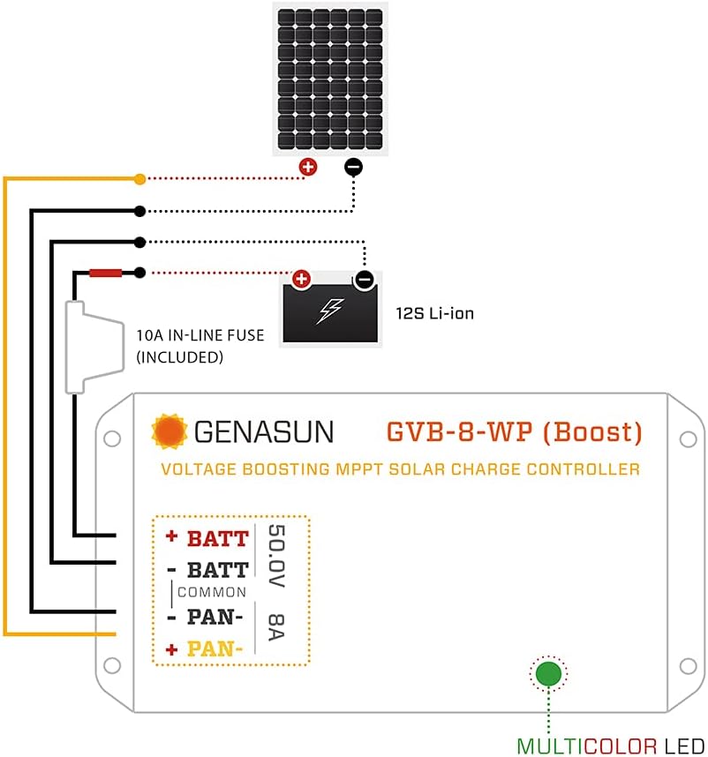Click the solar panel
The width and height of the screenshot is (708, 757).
(x=329, y=79)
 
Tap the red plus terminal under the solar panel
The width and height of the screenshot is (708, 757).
(x=308, y=166)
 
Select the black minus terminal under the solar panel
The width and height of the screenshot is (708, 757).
(x=352, y=166)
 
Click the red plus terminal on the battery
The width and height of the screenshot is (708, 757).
(x=301, y=280)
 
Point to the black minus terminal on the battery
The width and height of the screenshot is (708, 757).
(x=365, y=281)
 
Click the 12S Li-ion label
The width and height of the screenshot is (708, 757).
(x=434, y=313)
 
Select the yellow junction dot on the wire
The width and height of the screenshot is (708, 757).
(x=139, y=179)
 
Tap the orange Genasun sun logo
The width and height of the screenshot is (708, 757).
(x=169, y=431)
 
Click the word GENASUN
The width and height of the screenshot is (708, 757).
(x=263, y=431)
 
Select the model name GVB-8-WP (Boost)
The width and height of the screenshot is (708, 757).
(x=514, y=432)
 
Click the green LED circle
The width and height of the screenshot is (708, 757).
(x=549, y=674)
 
